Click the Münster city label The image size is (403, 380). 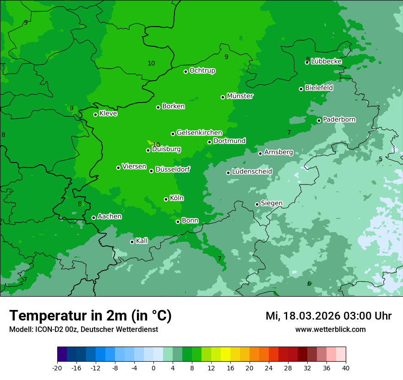tap(240, 96)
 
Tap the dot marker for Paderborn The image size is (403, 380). tap(319, 120)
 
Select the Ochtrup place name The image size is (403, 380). tap(202, 71)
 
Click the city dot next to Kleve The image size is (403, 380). tap(95, 114)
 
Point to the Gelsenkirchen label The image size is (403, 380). tap(199, 133)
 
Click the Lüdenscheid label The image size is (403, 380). tap(252, 172)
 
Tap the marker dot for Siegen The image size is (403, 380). tap(257, 204)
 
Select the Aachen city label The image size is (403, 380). tap(109, 217)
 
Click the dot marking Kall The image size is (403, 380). tap(132, 242)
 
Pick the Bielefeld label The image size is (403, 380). tap(319, 87)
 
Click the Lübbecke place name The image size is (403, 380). tap(326, 61)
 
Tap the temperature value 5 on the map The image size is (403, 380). tap(381, 159)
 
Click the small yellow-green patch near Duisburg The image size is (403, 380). tap(150, 143)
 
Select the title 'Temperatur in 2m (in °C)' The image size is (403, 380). tap(90, 315)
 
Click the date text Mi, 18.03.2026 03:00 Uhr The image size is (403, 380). tap(328, 316)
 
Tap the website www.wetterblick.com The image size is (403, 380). tap(330, 329)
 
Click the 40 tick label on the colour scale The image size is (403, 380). tap(346, 368)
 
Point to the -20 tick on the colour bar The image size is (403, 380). tap(57, 368)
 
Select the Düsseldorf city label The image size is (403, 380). tap(173, 169)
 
